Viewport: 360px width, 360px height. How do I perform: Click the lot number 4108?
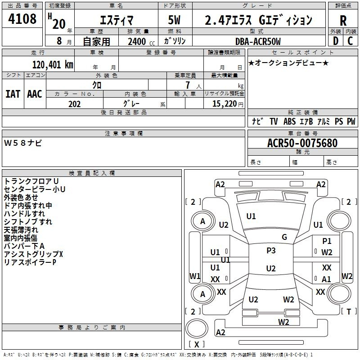pyautogui.click(x=22, y=19)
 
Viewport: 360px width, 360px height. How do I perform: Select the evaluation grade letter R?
pyautogui.click(x=343, y=21)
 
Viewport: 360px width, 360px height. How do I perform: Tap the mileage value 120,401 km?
pyautogui.click(x=53, y=65)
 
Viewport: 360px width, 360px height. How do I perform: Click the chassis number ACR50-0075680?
pyautogui.click(x=302, y=143)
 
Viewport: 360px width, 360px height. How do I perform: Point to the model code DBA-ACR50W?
pyautogui.click(x=258, y=41)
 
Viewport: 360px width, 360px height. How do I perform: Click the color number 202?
pyautogui.click(x=74, y=104)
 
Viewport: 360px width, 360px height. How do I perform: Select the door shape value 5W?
pyautogui.click(x=174, y=20)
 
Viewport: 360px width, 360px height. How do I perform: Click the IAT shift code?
pyautogui.click(x=13, y=94)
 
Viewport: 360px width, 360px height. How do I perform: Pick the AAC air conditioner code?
pyautogui.click(x=35, y=94)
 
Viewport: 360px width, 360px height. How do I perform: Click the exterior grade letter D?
pyautogui.click(x=336, y=41)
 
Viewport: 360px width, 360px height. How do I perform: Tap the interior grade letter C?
pyautogui.click(x=350, y=41)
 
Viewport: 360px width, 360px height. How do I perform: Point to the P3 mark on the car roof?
pyautogui.click(x=271, y=251)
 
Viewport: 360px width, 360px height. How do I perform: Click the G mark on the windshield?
pyautogui.click(x=284, y=237)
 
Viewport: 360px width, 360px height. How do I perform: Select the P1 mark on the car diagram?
pyautogui.click(x=327, y=241)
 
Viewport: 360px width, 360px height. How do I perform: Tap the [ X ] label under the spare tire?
pyautogui.click(x=197, y=344)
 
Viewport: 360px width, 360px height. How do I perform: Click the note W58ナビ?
pyautogui.click(x=23, y=143)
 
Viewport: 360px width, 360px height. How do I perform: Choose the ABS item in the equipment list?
pyautogui.click(x=289, y=121)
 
